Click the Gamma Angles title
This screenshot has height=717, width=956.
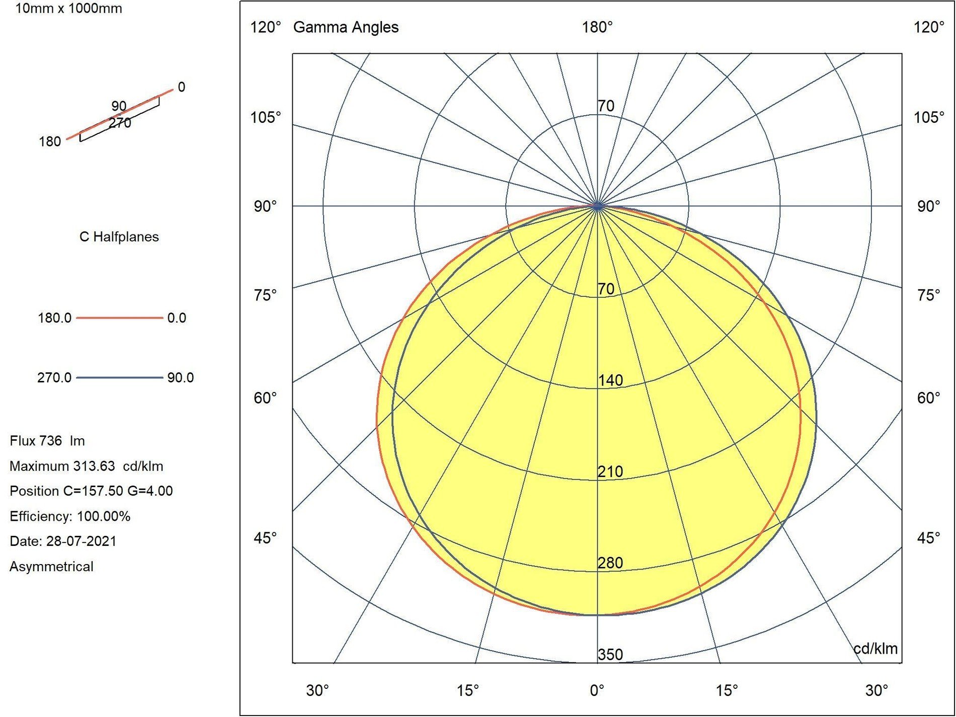click(x=346, y=27)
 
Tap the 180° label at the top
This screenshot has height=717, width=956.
click(x=597, y=27)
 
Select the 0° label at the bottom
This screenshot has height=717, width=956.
click(x=597, y=690)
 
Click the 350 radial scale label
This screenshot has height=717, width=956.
click(x=610, y=654)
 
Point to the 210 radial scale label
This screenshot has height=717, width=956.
click(x=610, y=471)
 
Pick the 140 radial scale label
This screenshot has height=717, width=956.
click(x=610, y=380)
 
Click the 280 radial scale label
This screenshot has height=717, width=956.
click(x=610, y=563)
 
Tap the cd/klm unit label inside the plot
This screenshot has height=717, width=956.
click(x=875, y=649)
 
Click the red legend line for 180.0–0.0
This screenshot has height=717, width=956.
click(x=119, y=318)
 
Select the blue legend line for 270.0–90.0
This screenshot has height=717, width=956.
click(x=119, y=377)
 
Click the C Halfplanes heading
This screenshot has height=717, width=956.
click(x=119, y=237)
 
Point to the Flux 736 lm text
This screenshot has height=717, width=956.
click(x=47, y=441)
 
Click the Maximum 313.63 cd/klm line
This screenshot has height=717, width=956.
click(x=86, y=466)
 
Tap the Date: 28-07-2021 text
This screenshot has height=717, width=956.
click(x=63, y=541)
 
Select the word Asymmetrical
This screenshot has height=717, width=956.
click(x=51, y=567)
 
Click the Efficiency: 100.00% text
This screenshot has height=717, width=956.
click(x=70, y=516)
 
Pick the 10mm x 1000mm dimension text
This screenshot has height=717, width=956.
click(x=68, y=9)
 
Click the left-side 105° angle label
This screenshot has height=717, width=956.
click(x=266, y=118)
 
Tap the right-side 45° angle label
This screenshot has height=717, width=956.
click(x=928, y=538)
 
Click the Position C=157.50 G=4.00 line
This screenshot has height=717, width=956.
click(x=91, y=491)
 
